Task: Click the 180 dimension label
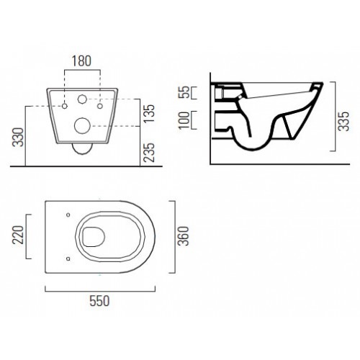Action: point(81,61)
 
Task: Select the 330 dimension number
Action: point(18,138)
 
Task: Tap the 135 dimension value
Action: point(149,113)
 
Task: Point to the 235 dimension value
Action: point(149,153)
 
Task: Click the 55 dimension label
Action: point(184,92)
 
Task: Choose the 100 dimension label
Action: point(184,120)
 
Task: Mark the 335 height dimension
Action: point(343,121)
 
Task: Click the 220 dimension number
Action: point(18,235)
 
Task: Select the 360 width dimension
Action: point(184,236)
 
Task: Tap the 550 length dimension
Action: point(99,301)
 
